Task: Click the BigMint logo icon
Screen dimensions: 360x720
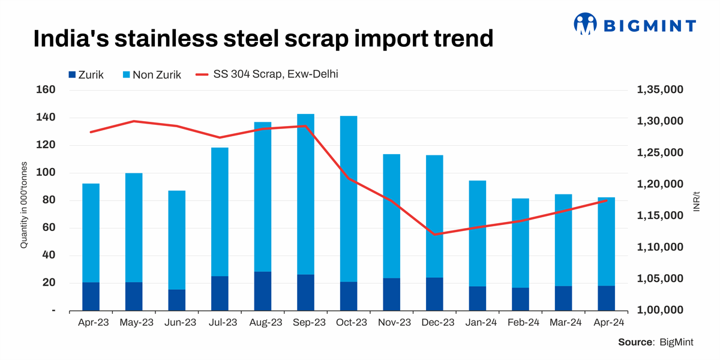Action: pos(587,24)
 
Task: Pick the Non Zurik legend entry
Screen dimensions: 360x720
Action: pos(151,76)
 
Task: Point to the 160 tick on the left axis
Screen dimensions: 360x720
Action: pos(47,90)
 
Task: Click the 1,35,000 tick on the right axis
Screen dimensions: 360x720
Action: pos(659,90)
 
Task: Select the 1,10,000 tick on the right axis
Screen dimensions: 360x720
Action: pos(659,247)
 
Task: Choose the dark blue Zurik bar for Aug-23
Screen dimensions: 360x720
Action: pos(263,291)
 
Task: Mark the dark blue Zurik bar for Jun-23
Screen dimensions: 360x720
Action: pos(176,300)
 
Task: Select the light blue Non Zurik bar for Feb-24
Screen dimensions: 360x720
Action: pos(521,243)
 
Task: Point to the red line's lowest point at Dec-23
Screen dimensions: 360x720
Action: pos(434,235)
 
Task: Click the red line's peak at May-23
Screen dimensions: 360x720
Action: pos(134,121)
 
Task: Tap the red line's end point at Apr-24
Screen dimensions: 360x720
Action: pos(606,200)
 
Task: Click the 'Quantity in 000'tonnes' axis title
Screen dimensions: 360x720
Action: pos(25,205)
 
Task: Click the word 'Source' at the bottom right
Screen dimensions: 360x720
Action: pos(635,342)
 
